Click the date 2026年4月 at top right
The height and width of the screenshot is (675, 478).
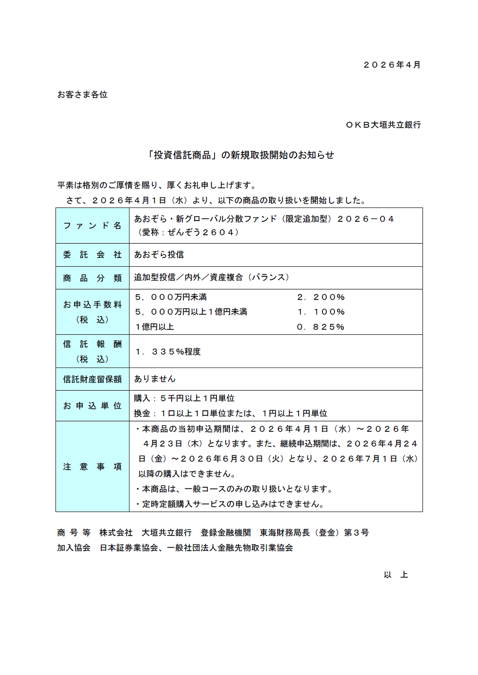tap(392, 65)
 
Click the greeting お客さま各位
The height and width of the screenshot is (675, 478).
tap(82, 95)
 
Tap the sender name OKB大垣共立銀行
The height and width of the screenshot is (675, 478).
tap(383, 125)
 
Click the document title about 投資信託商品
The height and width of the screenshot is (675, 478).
tap(241, 155)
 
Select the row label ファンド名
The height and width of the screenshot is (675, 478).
tap(92, 226)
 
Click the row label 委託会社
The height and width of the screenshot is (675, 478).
tap(92, 255)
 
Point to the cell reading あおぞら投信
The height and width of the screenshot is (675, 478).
tap(159, 255)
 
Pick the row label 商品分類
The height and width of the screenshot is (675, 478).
tap(92, 278)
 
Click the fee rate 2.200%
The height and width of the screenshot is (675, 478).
tap(321, 297)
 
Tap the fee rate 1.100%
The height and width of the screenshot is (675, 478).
tap(321, 312)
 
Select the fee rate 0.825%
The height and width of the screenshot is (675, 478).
tap(321, 327)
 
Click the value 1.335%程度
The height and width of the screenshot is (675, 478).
tap(168, 352)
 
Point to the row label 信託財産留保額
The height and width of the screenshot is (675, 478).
tap(92, 379)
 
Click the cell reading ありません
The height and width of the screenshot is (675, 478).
tap(155, 379)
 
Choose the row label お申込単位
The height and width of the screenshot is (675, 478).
tap(92, 406)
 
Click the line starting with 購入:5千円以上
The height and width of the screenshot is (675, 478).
tap(184, 398)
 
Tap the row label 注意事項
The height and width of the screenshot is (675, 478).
tap(92, 467)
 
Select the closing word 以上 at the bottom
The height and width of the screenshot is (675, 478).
tap(395, 575)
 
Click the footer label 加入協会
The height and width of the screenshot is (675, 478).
tap(74, 548)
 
